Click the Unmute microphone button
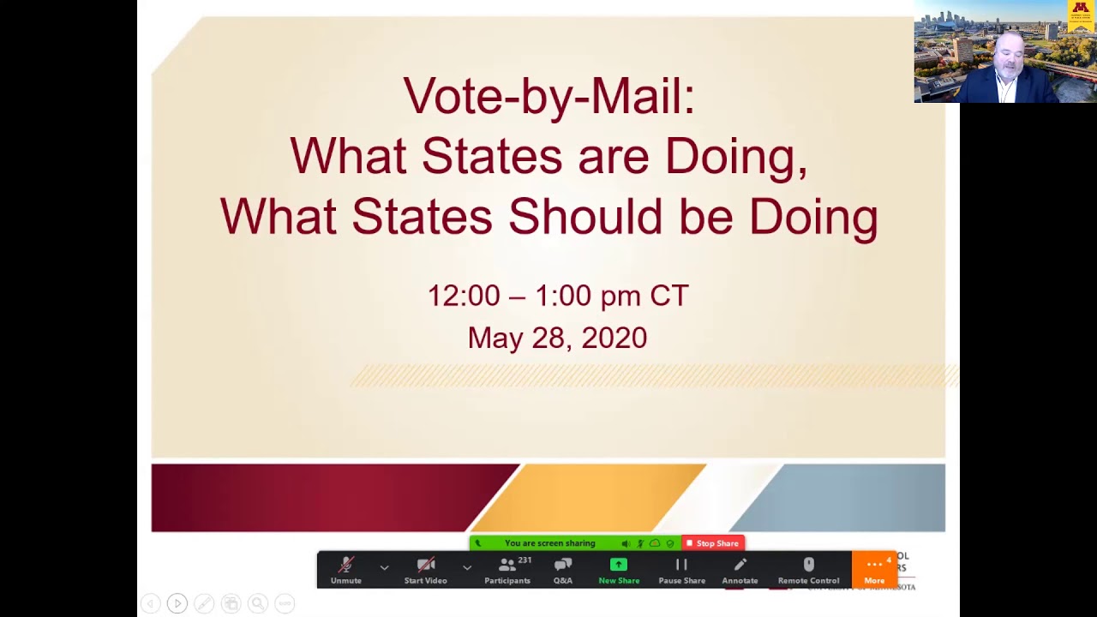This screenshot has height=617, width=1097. point(346,570)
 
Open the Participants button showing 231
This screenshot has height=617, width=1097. point(507,570)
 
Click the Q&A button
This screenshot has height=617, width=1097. point(562,570)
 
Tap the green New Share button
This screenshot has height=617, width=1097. point(619,570)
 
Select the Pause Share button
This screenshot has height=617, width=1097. point(681,570)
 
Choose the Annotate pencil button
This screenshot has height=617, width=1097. point(740,570)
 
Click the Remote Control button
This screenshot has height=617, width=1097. point(808,570)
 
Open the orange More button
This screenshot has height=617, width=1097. point(874,570)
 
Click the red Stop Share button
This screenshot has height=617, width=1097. point(713,543)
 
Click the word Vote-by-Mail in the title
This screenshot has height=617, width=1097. point(548,96)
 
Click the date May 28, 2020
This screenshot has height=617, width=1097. point(557,338)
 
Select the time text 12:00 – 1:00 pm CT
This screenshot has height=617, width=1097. point(557,296)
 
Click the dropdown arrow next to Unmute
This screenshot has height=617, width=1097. point(384,567)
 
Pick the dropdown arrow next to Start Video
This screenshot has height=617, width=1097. point(467,567)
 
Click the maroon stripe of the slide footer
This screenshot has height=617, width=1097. point(326,498)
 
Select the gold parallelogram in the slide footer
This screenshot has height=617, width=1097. point(591,498)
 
